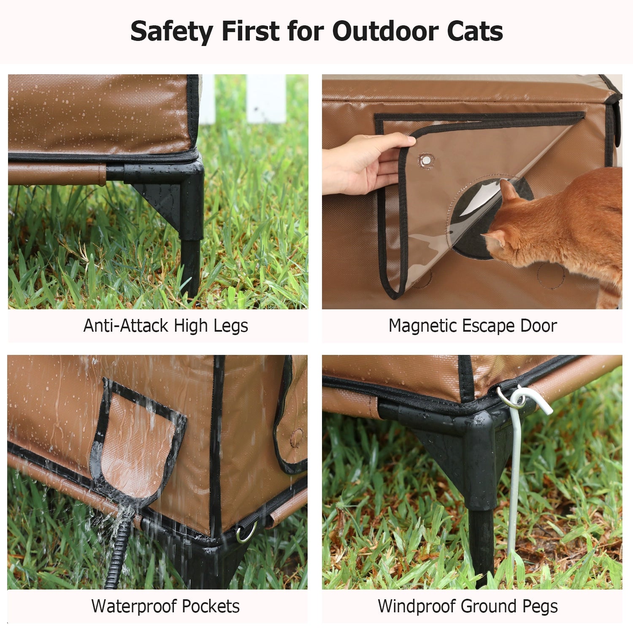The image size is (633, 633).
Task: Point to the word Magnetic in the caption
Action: [x=422, y=326]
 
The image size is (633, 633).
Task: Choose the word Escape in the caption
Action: [x=488, y=326]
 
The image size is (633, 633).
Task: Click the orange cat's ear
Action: [x=508, y=190]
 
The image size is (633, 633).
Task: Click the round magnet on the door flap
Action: [x=427, y=160]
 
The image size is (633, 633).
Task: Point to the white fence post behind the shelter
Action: [x=266, y=99]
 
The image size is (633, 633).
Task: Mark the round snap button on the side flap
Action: [x=297, y=438]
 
